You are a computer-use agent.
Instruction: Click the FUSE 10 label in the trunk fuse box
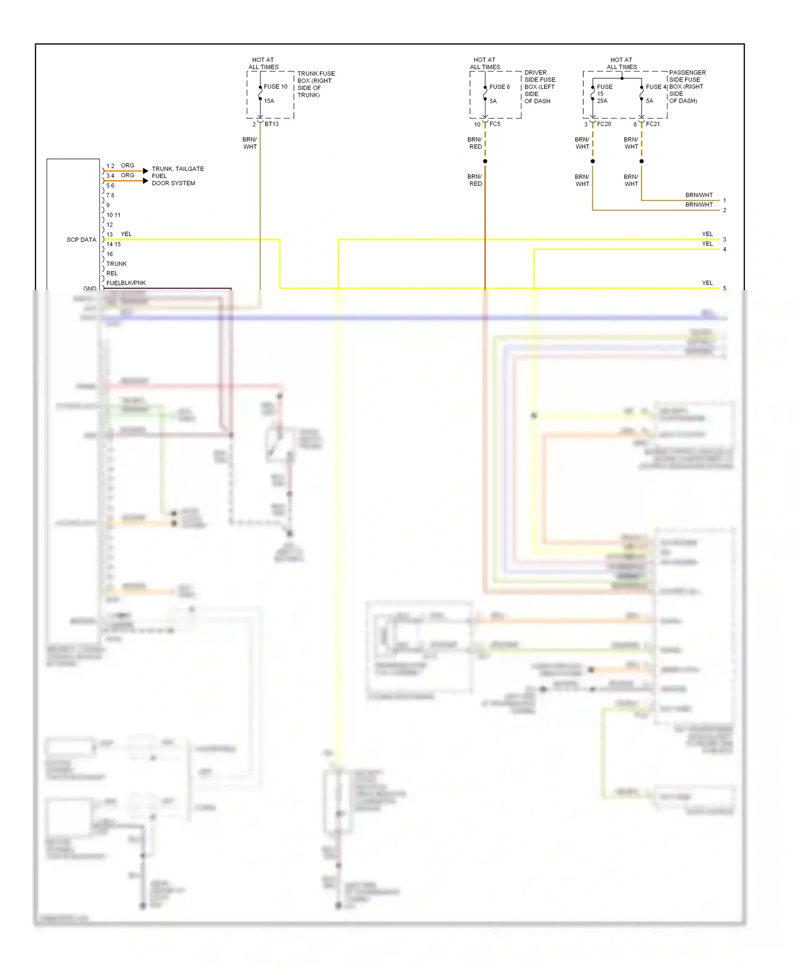point(275,86)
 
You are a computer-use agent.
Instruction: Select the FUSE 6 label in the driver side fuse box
point(499,87)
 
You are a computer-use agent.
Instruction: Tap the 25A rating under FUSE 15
point(602,101)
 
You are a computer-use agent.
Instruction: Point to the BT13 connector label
point(272,124)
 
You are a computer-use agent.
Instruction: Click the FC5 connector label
point(494,124)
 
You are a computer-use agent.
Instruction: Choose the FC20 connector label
point(603,124)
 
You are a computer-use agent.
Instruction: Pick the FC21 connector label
point(653,124)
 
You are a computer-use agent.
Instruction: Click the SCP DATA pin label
point(81,240)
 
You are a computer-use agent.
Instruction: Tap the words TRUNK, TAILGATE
point(177,169)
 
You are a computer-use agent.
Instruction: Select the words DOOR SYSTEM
point(173,183)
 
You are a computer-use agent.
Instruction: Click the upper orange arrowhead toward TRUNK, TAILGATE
point(146,171)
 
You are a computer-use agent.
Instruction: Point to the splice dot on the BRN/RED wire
point(485,161)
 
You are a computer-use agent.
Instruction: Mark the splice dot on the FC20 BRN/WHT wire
point(592,161)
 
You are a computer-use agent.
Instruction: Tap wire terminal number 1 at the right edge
point(724,201)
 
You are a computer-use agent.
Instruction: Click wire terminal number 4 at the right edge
point(724,249)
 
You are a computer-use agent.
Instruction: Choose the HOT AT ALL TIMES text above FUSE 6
point(484,64)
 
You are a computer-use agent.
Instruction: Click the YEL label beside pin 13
point(126,234)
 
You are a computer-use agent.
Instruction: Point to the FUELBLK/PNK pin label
point(125,283)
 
